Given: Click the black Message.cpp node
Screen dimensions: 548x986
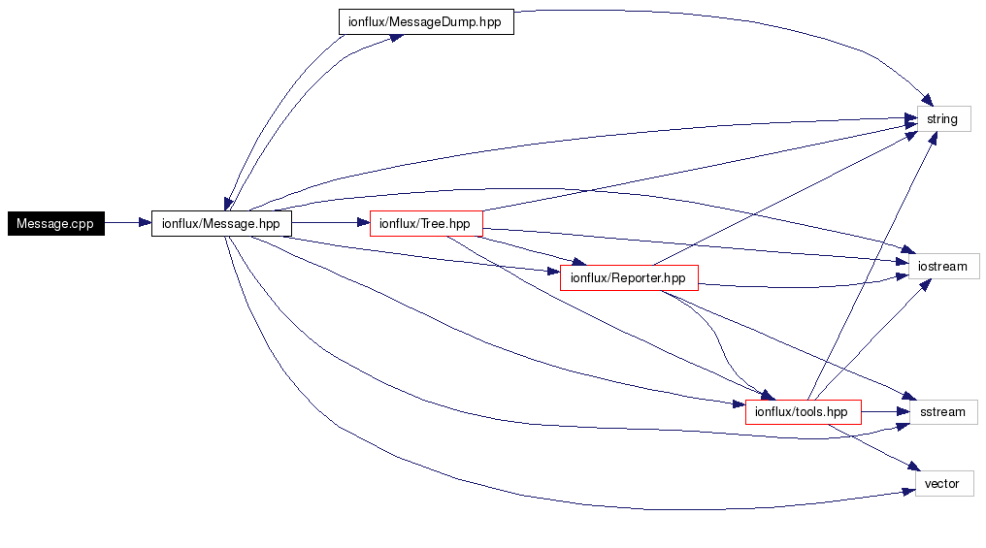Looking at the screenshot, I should (55, 223).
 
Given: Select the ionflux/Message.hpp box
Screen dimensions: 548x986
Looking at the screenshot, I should (221, 223).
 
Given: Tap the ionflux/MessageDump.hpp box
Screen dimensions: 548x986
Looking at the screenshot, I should (425, 22).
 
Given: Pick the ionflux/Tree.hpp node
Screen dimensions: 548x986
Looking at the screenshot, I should (425, 223).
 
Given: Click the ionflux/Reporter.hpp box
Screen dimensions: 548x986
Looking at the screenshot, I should (628, 278).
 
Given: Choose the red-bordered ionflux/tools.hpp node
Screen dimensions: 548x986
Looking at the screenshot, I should (803, 412).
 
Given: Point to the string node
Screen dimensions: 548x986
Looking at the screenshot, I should (942, 119).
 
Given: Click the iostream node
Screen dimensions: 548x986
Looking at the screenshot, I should (942, 266).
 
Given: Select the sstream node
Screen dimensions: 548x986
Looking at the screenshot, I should (942, 412).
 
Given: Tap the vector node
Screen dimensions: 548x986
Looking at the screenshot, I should (942, 483).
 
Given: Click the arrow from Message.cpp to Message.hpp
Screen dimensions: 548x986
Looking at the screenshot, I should (127, 223).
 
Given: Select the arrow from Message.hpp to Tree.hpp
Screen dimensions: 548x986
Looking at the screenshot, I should (330, 223).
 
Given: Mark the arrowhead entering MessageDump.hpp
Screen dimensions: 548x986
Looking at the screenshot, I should (396, 37).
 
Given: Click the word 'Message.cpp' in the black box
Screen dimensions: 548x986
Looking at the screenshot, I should (55, 223).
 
